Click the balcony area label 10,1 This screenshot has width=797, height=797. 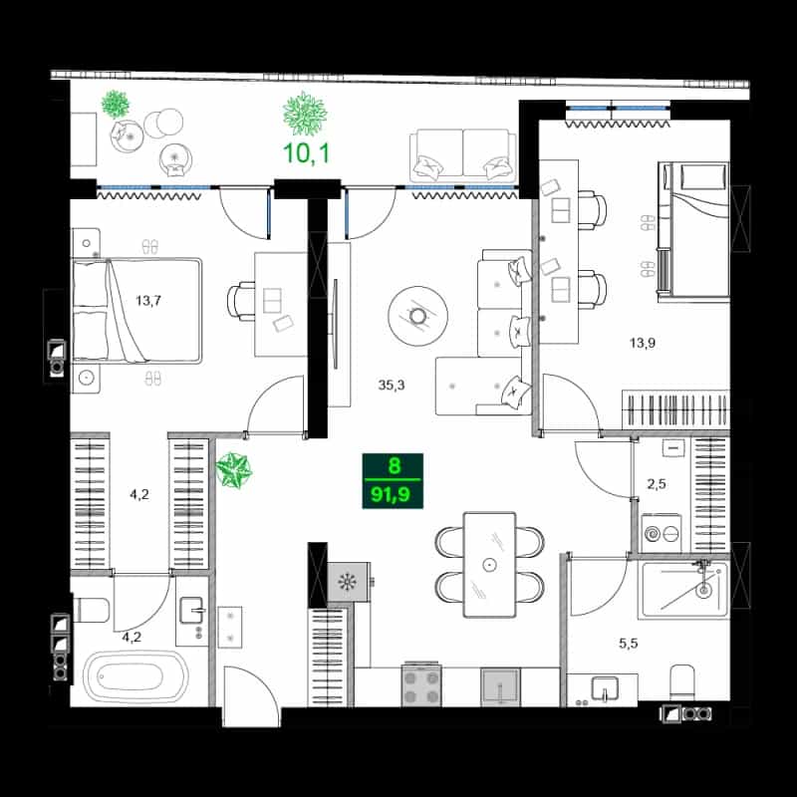[x=306, y=153]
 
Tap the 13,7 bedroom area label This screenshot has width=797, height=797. [x=147, y=301]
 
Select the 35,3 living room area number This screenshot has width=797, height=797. [x=392, y=386]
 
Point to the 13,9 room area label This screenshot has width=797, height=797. [x=643, y=343]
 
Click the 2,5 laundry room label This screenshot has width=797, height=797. [x=657, y=484]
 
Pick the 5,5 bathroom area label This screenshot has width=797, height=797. [x=629, y=644]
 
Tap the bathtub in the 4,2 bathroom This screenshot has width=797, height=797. [x=135, y=677]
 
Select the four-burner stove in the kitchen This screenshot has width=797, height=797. [x=421, y=684]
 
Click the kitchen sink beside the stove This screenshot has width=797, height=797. [x=501, y=687]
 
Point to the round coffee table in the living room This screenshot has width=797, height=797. [x=417, y=316]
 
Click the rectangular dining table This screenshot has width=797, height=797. [x=489, y=565]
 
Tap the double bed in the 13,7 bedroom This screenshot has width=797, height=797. [x=136, y=311]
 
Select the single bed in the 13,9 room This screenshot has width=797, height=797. [x=693, y=230]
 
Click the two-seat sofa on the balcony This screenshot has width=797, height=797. [x=463, y=155]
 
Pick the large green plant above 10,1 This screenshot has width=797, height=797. [x=305, y=114]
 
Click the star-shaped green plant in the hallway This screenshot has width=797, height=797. [x=233, y=470]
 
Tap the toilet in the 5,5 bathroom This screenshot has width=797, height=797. [x=682, y=681]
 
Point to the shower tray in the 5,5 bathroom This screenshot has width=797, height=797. [x=684, y=590]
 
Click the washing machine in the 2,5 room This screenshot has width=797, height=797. [x=661, y=533]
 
